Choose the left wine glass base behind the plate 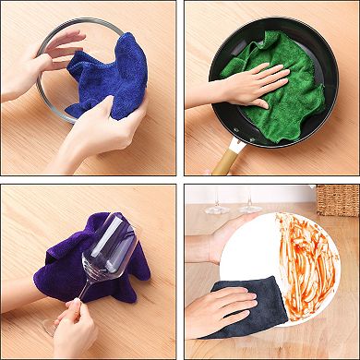click(x=218, y=210)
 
